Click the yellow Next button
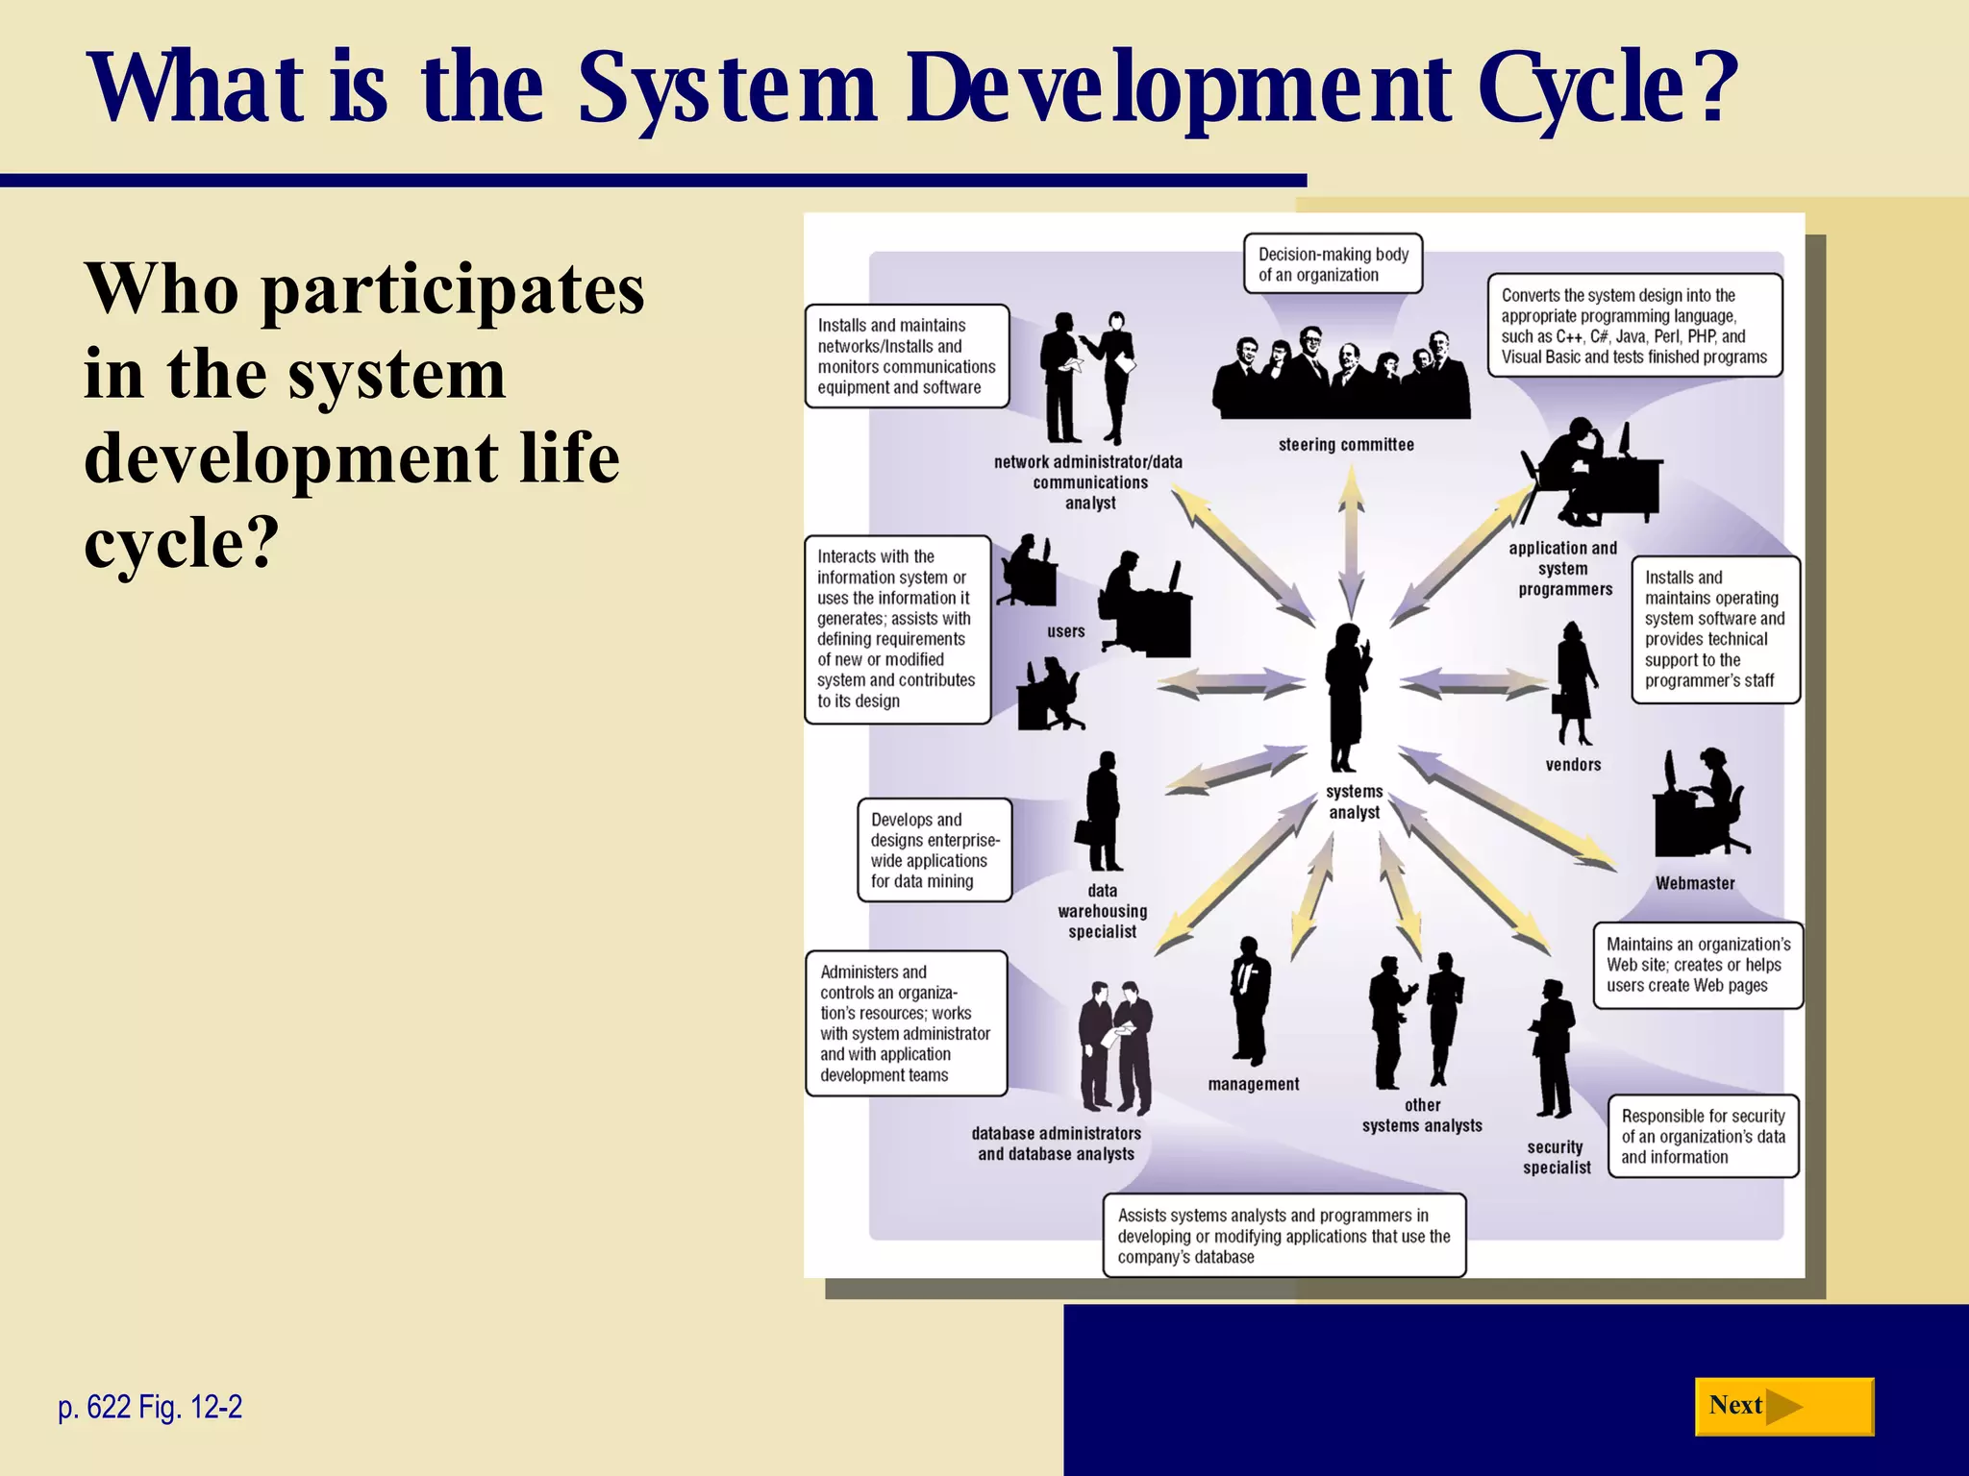(1783, 1407)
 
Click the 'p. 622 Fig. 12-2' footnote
(150, 1407)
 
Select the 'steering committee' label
(1346, 445)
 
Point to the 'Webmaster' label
(1695, 883)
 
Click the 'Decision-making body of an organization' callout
(1333, 264)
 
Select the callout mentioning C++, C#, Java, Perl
(1634, 326)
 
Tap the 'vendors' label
(1573, 765)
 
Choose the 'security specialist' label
(1556, 1157)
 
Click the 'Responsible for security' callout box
(1703, 1136)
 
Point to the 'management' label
(1253, 1084)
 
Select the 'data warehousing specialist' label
(1102, 911)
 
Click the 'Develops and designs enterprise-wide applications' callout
(935, 850)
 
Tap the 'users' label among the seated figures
(1065, 631)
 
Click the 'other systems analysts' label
(1422, 1116)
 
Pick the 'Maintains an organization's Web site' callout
(1698, 965)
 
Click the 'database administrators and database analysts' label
(1056, 1144)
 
